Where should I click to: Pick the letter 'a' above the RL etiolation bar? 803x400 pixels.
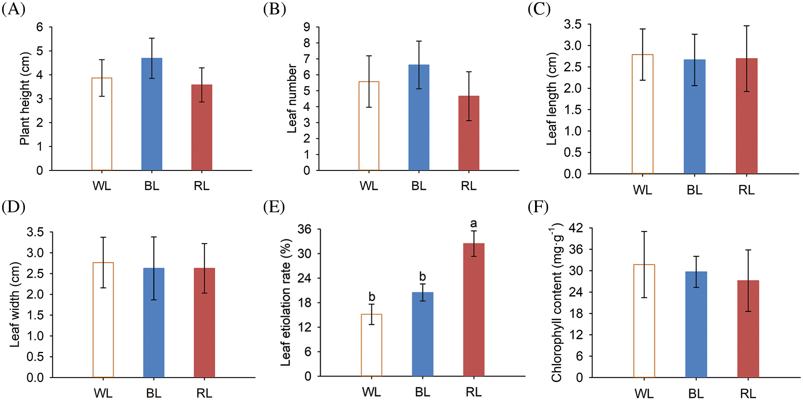click(x=474, y=223)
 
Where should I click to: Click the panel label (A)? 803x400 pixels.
click(x=14, y=9)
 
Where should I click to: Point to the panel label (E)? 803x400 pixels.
click(x=274, y=207)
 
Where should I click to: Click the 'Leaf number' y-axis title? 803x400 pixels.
click(x=292, y=98)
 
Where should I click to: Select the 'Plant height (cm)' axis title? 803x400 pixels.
click(x=25, y=98)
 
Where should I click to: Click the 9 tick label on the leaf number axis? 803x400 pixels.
click(x=307, y=27)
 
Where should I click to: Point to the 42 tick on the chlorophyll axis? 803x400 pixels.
click(x=576, y=228)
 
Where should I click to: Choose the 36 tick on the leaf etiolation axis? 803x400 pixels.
click(x=304, y=230)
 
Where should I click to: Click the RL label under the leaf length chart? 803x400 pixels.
click(x=746, y=190)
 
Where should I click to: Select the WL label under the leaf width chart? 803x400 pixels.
click(x=103, y=393)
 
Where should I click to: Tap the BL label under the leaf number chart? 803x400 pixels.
click(x=419, y=186)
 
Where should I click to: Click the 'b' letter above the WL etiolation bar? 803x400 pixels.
click(x=372, y=297)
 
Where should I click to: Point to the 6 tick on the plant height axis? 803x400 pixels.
click(x=40, y=27)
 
